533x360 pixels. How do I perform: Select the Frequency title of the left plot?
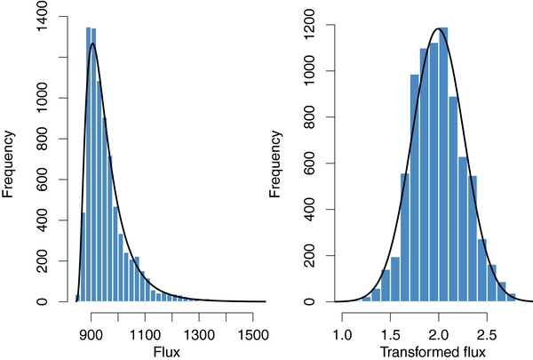(x=9, y=164)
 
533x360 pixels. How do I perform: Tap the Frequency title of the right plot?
(x=275, y=164)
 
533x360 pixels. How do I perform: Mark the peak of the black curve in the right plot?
(x=437, y=28)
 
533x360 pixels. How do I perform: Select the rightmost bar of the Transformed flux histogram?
(x=511, y=298)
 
